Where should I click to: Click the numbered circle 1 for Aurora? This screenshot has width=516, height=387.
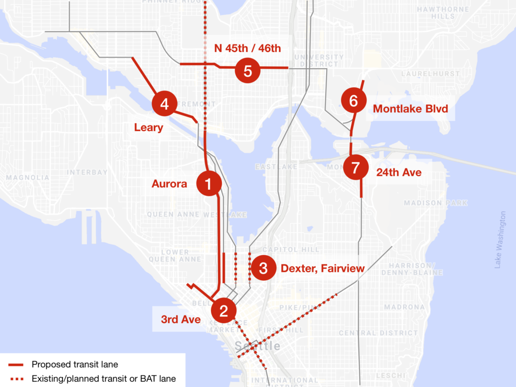coord(208,184)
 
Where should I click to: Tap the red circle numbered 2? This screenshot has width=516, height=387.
coord(223,311)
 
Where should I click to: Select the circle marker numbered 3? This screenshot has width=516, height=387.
coord(263,268)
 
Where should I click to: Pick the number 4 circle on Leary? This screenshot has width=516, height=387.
coord(165,104)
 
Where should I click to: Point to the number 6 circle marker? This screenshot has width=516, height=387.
coord(353,101)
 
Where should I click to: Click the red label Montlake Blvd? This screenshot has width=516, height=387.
coord(410,109)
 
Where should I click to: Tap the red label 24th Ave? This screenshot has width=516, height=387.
coord(399,172)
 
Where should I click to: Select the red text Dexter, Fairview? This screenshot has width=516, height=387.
coord(322,268)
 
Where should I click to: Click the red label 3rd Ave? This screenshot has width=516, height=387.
coord(181,320)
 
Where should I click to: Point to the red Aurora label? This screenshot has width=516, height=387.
coord(170,184)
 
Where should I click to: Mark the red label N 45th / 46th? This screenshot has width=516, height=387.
coord(247,48)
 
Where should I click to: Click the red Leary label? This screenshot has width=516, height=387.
coord(148,128)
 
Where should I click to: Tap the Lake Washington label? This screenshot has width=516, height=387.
coord(503,240)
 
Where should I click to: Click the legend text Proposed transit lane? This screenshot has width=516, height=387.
coord(75,364)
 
